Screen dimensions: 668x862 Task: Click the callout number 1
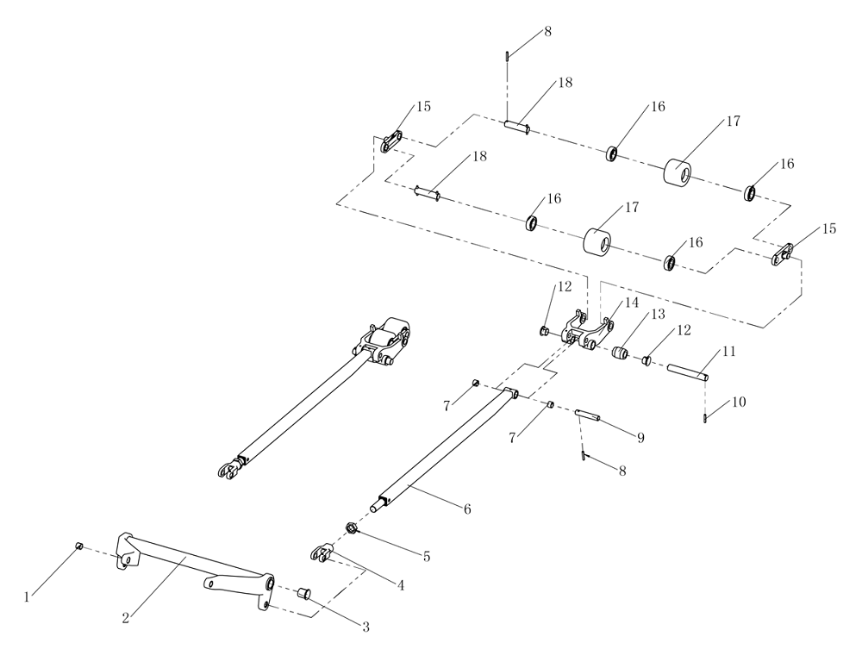(28, 596)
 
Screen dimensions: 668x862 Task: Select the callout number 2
(126, 617)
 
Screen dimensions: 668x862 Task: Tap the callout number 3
(365, 627)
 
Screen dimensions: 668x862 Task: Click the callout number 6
(466, 509)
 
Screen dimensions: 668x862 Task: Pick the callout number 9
(640, 438)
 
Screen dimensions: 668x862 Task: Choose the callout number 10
(739, 403)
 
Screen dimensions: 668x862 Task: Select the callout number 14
(632, 303)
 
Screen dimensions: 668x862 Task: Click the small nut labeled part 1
(78, 546)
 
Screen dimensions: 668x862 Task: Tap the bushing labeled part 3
(303, 593)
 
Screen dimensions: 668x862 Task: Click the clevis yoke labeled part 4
(321, 553)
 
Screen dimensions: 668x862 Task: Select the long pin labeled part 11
(688, 372)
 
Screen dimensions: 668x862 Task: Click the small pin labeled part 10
(705, 419)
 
